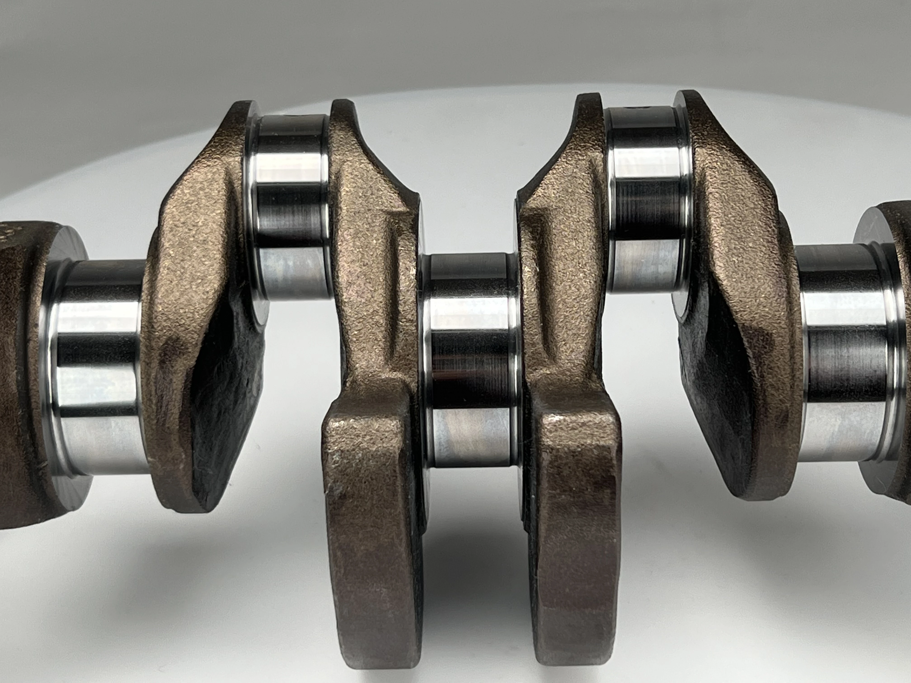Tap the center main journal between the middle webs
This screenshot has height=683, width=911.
click(470, 362)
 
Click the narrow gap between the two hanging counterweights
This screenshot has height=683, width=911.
click(474, 556)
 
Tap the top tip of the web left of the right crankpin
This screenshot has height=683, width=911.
click(589, 103)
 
